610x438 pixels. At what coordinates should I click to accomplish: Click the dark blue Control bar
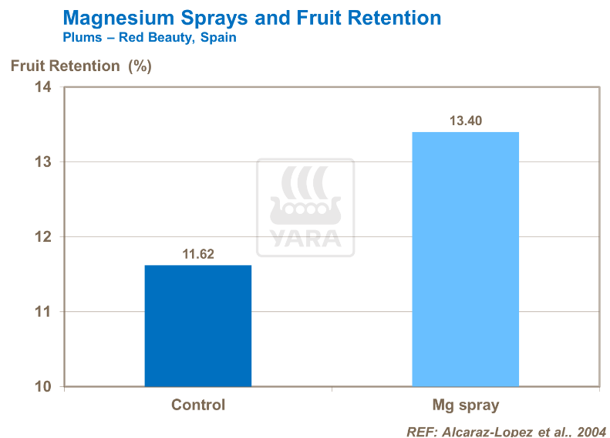coord(198,326)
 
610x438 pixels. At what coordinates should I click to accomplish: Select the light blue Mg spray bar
coord(465,259)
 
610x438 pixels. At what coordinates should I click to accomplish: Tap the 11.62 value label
coord(198,253)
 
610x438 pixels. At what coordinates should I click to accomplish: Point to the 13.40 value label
coord(465,121)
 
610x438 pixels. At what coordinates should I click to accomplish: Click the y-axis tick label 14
coord(43,87)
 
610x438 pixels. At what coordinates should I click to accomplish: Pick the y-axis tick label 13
coord(43,162)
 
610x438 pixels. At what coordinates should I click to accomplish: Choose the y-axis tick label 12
coord(43,237)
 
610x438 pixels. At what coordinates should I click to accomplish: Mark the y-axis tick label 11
coord(43,312)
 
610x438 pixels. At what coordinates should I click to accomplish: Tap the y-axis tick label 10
coord(43,386)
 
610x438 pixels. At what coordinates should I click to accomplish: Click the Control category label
coord(198,405)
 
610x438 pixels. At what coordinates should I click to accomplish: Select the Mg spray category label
coord(465,405)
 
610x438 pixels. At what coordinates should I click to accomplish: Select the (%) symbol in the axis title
coord(140,66)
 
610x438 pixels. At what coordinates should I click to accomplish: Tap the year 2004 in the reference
coord(591,431)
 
